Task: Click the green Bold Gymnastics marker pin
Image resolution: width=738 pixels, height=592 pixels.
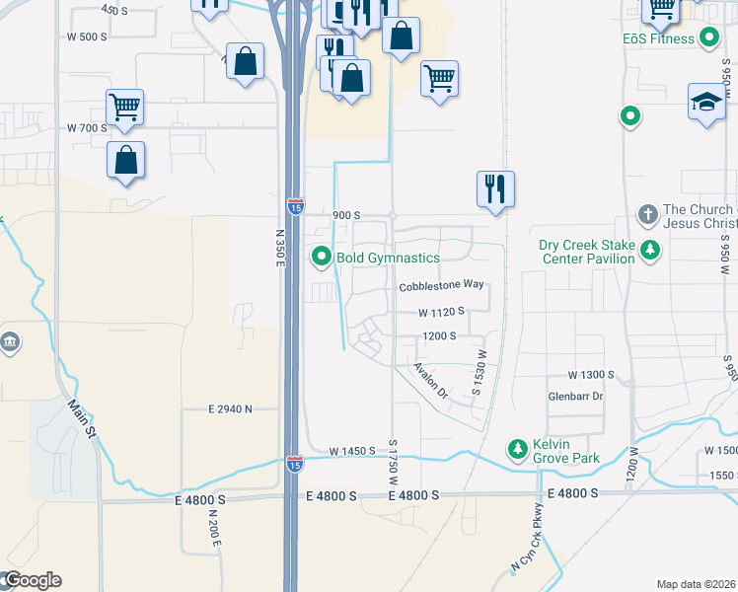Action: (321, 258)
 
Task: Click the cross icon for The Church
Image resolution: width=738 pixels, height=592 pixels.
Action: (647, 213)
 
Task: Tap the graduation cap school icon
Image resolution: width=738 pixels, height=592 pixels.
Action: (706, 102)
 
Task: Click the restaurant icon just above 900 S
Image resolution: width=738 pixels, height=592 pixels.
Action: (495, 186)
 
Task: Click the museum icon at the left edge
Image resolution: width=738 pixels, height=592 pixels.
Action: (10, 342)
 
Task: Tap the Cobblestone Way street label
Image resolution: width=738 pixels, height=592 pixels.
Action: (441, 286)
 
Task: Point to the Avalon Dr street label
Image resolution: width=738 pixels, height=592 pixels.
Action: (430, 380)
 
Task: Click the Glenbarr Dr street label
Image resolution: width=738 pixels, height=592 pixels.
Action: (574, 396)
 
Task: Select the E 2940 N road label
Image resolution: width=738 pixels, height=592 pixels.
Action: (230, 408)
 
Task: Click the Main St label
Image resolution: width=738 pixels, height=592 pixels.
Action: (83, 418)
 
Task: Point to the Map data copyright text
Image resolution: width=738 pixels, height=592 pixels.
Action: (697, 584)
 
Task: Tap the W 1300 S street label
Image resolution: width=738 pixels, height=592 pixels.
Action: (591, 376)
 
